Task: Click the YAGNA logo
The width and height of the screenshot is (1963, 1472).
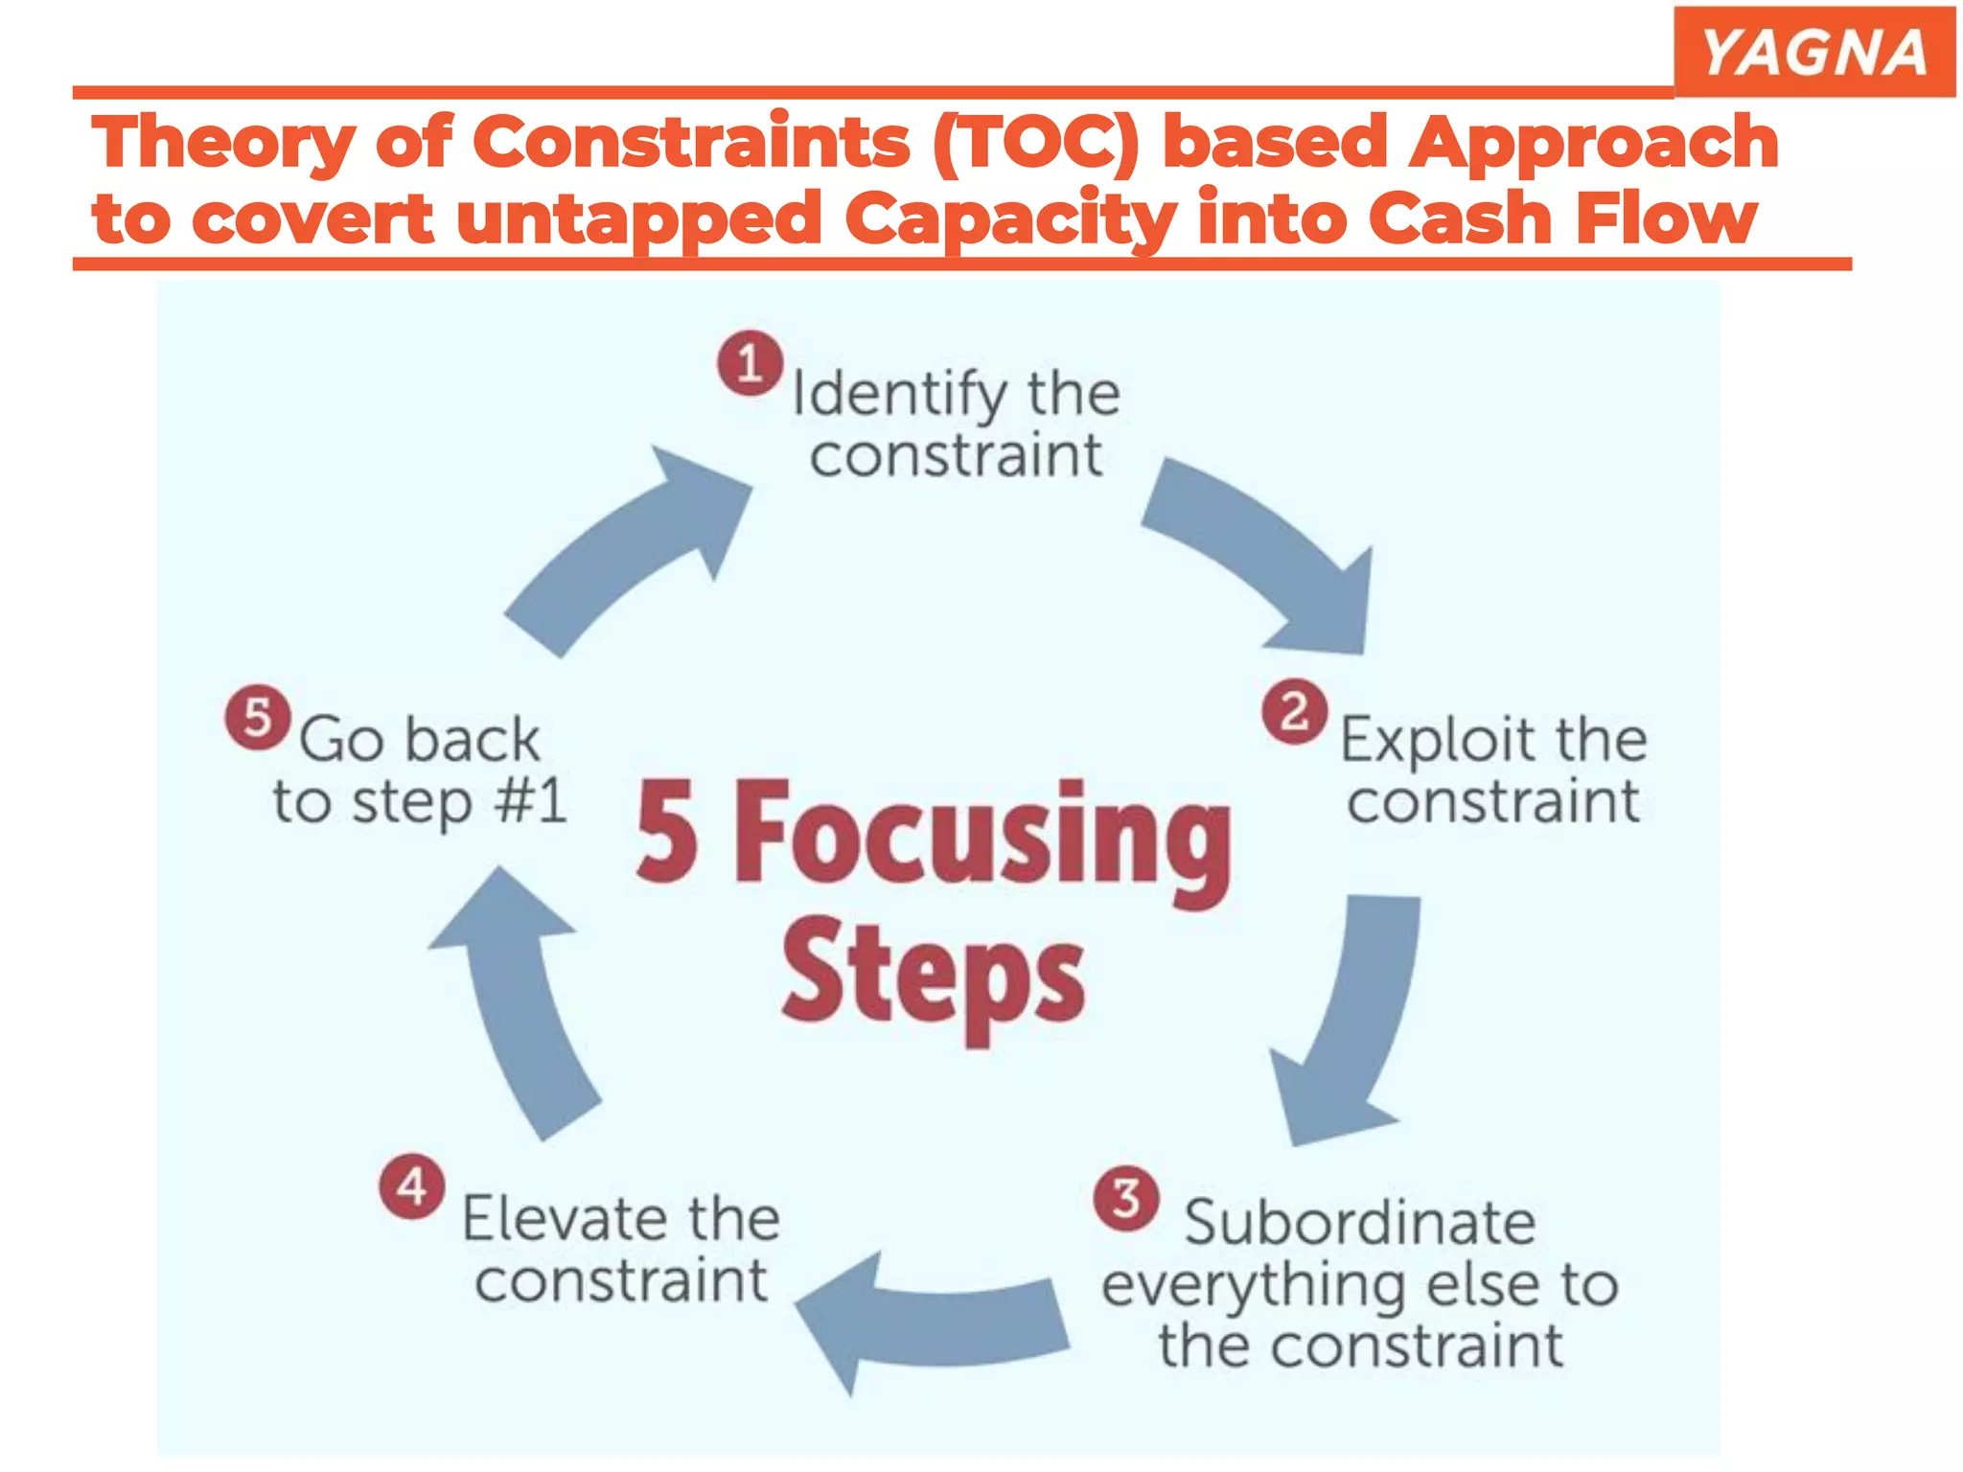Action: point(1814,52)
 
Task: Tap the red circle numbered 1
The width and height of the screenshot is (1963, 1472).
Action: point(750,363)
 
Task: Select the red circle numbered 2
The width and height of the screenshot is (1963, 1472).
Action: point(1294,712)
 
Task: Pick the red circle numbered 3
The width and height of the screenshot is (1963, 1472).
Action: point(1126,1198)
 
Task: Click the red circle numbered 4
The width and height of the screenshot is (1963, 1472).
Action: point(412,1186)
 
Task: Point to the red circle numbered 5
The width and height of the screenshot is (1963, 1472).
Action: point(258,717)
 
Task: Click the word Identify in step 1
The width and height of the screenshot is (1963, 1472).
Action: point(898,394)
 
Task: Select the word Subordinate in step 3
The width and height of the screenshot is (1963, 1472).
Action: point(1359,1223)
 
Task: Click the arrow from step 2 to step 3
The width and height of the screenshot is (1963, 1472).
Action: point(1351,1025)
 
